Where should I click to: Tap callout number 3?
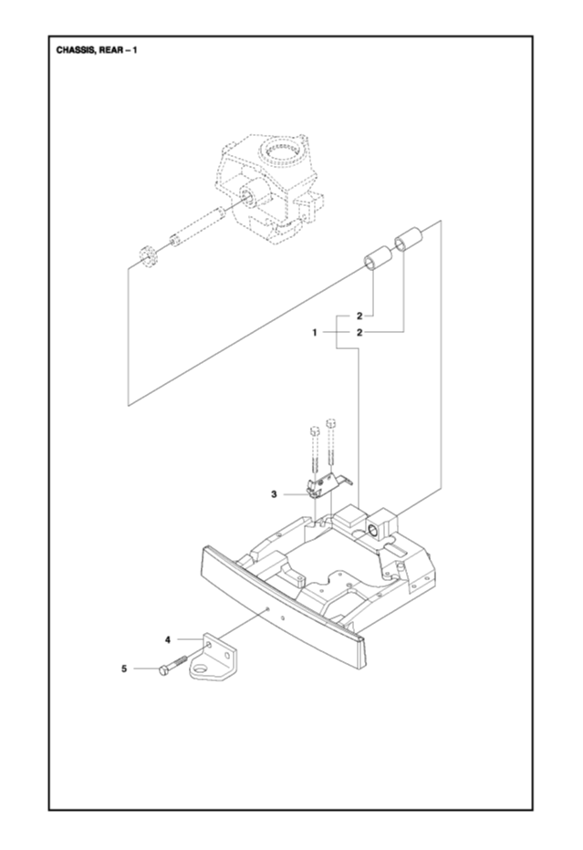coord(273,494)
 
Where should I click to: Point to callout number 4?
coord(168,640)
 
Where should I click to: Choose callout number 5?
coord(124,669)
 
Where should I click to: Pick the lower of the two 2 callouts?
coord(360,333)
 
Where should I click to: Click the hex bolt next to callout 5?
coord(172,665)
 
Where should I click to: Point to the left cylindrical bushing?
coord(376,261)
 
